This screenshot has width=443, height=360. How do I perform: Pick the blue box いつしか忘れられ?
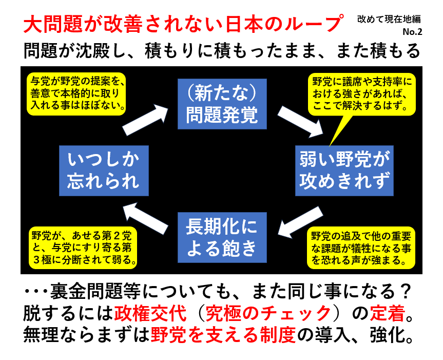(104, 170)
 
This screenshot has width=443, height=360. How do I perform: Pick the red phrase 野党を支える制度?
(223, 334)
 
